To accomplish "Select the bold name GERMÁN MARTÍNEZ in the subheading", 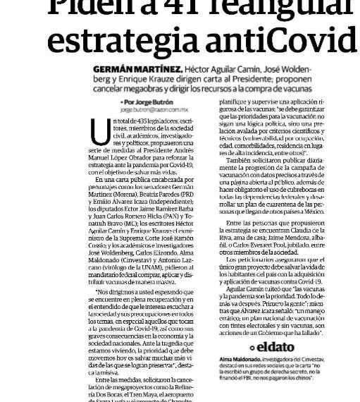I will tap(135, 71).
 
